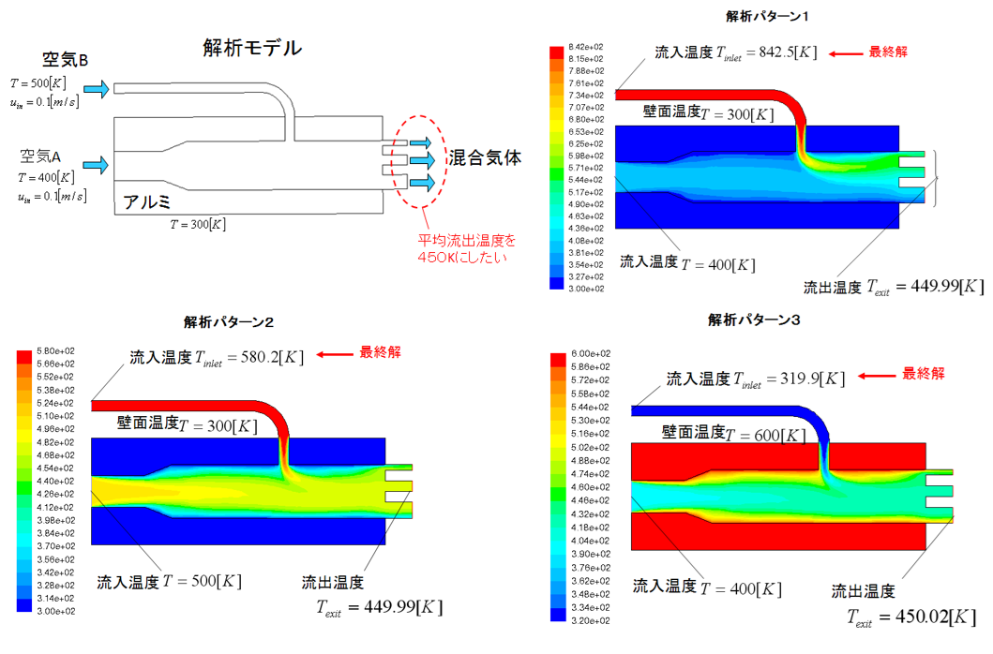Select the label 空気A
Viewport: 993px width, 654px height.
pyautogui.click(x=47, y=154)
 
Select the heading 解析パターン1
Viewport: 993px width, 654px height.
pyautogui.click(x=767, y=16)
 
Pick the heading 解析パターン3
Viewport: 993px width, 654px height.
pyautogui.click(x=755, y=320)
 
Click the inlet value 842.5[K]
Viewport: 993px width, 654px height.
pyautogui.click(x=780, y=53)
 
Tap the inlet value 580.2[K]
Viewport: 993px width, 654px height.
pyautogui.click(x=267, y=357)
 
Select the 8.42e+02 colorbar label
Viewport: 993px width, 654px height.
pyautogui.click(x=587, y=46)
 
